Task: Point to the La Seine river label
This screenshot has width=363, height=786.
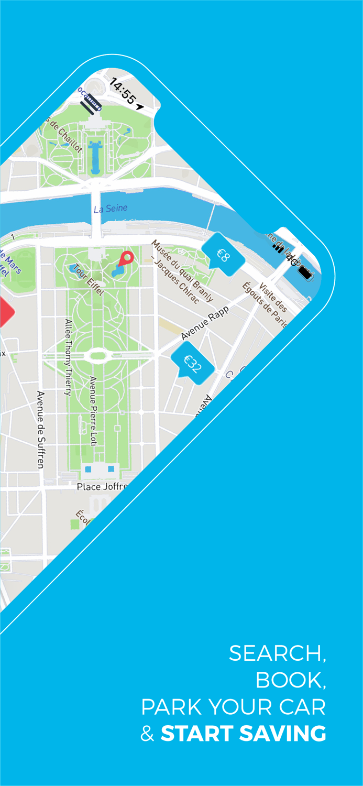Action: tap(111, 209)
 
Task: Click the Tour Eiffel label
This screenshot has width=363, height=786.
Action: tap(89, 280)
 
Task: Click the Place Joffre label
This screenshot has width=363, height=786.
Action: tap(102, 487)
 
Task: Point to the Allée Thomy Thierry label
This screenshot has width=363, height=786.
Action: tap(68, 356)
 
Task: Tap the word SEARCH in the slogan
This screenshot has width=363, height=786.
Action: tap(277, 653)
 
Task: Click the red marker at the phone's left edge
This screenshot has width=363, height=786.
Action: tap(6, 313)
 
